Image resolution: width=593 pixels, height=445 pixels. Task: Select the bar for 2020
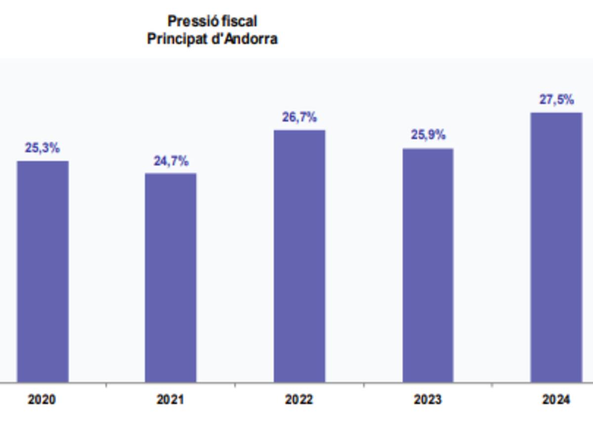[43, 271]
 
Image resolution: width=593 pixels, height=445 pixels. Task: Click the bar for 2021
[170, 277]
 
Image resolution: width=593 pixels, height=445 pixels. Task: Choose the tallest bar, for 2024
[556, 247]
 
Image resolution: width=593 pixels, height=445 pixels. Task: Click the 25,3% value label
[42, 148]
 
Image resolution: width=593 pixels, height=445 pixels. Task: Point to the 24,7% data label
[170, 161]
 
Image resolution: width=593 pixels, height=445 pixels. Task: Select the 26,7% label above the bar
[299, 118]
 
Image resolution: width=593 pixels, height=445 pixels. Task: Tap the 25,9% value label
[428, 134]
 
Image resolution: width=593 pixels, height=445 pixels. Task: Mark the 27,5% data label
[556, 100]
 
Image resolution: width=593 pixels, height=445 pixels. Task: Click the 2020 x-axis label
[42, 400]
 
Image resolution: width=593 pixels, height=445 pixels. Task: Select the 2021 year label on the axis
[170, 400]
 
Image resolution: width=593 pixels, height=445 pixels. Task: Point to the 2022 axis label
[299, 400]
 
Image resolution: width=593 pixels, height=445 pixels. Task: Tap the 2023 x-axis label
[428, 400]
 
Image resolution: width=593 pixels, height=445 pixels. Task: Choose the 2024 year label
[556, 400]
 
